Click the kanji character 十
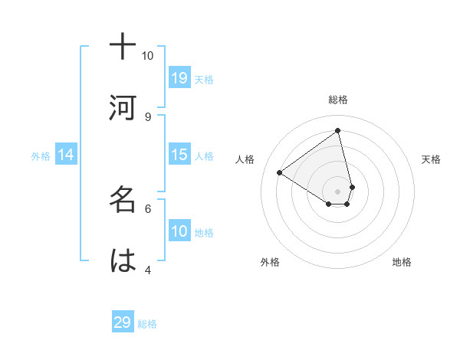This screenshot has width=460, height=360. pyautogui.click(x=123, y=47)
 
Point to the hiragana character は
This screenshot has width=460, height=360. pyautogui.click(x=123, y=260)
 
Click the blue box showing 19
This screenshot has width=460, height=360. pyautogui.click(x=179, y=77)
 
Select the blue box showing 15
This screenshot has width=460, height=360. pyautogui.click(x=179, y=155)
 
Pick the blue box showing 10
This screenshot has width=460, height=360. pyautogui.click(x=179, y=231)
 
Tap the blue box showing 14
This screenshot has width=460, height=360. pyautogui.click(x=66, y=155)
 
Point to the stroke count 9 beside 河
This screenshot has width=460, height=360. pyautogui.click(x=148, y=116)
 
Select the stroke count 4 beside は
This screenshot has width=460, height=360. pyautogui.click(x=148, y=269)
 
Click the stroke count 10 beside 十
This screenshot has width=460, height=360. pyautogui.click(x=147, y=56)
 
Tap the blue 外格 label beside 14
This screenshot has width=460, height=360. pyautogui.click(x=41, y=155)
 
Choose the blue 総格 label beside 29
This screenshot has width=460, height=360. pyautogui.click(x=147, y=323)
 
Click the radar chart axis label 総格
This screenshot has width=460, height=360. pyautogui.click(x=338, y=100)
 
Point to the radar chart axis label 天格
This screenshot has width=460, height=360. pyautogui.click(x=432, y=159)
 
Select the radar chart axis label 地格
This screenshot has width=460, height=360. pyautogui.click(x=402, y=262)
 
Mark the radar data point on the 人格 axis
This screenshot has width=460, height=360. pyautogui.click(x=280, y=172)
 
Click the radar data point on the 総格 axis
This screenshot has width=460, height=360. pyautogui.click(x=338, y=131)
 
